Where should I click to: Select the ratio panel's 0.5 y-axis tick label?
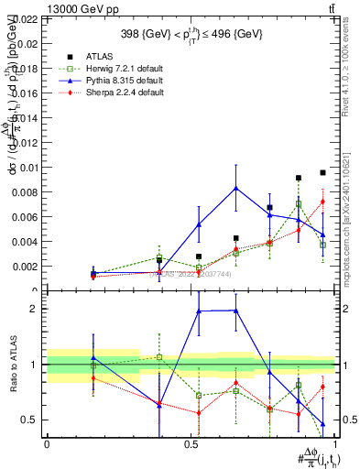click(27, 420)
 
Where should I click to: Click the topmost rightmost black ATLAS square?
click(322, 172)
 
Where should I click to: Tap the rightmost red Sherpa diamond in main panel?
click(322, 202)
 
